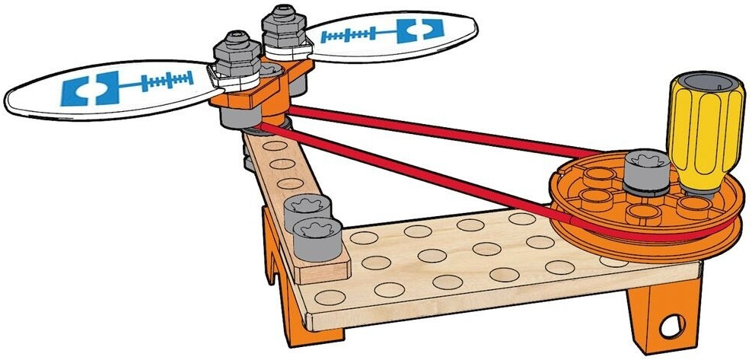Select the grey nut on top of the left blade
tap(237, 49)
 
